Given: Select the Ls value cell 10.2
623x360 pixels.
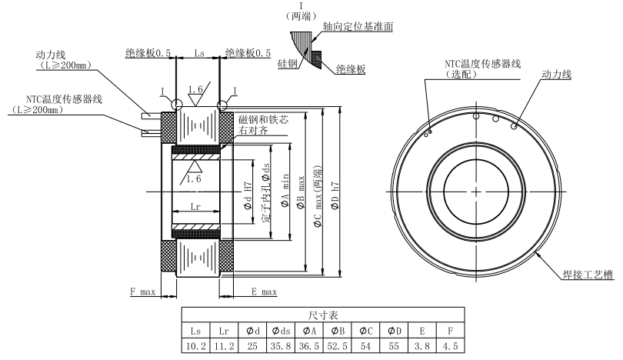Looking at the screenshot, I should pos(195,345).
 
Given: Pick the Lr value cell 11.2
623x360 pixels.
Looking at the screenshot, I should pos(223,345).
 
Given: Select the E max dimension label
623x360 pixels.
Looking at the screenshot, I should pos(263,292).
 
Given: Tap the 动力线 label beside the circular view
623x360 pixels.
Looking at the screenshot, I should pos(558,75).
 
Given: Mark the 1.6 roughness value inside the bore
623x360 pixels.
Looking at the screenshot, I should pos(194,178).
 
